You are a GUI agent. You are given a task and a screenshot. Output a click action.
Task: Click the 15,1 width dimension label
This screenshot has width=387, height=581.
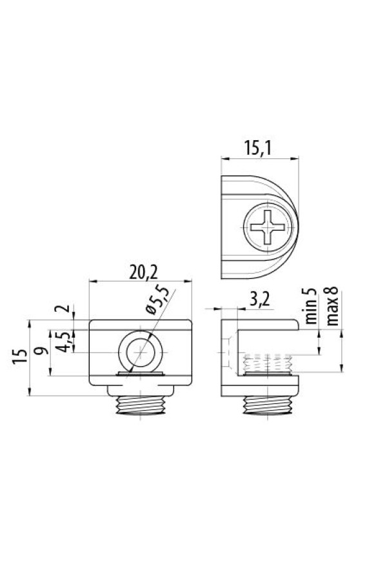coord(258,148)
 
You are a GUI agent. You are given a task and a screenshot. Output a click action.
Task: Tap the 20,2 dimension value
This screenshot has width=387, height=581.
coord(143,273)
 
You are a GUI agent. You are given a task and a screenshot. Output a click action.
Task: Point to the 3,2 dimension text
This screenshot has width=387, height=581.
coord(259,300)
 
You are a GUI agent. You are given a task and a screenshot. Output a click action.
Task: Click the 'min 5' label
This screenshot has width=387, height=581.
coord(312,306)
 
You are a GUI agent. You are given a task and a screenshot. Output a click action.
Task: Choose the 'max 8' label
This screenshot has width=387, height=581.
coord(333,306)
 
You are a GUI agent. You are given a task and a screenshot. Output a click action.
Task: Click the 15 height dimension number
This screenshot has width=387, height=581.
coord(20,357)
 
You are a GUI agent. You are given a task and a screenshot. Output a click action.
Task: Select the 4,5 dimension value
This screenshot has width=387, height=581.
coord(63,341)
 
